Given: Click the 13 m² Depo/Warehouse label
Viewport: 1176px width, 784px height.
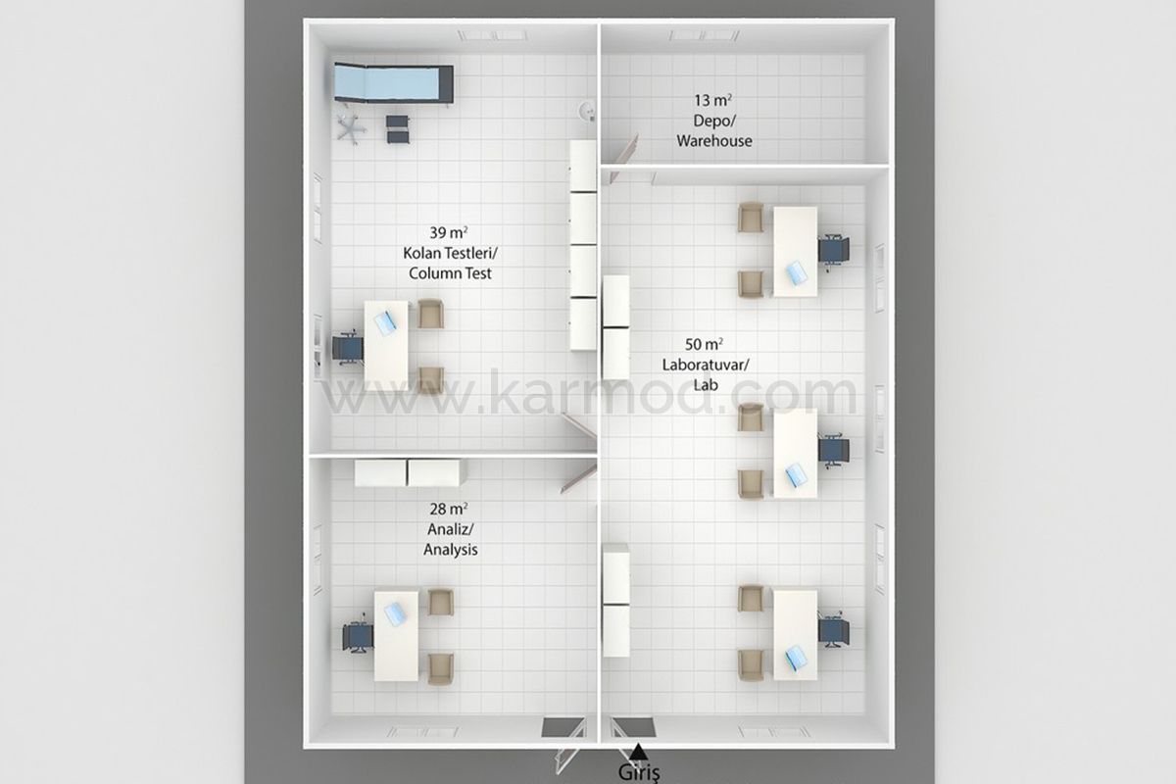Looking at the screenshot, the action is click(x=714, y=121).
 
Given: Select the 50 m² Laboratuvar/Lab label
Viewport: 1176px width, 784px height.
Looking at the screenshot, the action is click(x=705, y=365).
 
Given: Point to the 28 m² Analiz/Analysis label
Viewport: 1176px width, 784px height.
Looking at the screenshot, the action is click(x=450, y=529).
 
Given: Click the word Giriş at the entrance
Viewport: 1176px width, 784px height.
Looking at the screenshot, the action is click(x=639, y=772).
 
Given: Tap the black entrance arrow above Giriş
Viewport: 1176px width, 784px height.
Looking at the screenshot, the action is click(x=638, y=752).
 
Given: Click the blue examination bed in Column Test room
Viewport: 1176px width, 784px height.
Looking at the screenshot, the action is click(x=394, y=83).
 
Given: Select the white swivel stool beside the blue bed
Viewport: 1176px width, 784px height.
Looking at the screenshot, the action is click(x=351, y=128).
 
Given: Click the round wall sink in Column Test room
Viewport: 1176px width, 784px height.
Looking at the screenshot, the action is click(x=587, y=112).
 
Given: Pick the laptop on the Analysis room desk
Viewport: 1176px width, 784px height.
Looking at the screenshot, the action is click(x=395, y=613).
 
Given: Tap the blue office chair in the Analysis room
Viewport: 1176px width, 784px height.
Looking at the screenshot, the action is click(x=358, y=636).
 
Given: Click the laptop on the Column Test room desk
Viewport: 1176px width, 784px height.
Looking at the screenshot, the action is click(x=385, y=322).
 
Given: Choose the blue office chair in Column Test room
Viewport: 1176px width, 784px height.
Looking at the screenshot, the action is click(x=348, y=348).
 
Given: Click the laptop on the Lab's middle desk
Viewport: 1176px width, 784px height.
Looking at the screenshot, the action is click(x=797, y=474).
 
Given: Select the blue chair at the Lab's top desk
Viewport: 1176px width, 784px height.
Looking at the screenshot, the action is click(x=834, y=250).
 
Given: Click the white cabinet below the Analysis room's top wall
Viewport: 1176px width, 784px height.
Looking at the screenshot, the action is click(x=410, y=473).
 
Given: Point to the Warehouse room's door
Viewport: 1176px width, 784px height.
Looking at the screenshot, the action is click(x=625, y=157).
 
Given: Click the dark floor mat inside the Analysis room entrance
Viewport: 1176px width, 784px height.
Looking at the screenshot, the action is click(x=563, y=727).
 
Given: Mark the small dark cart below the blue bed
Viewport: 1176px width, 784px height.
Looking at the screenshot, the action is click(x=398, y=129).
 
